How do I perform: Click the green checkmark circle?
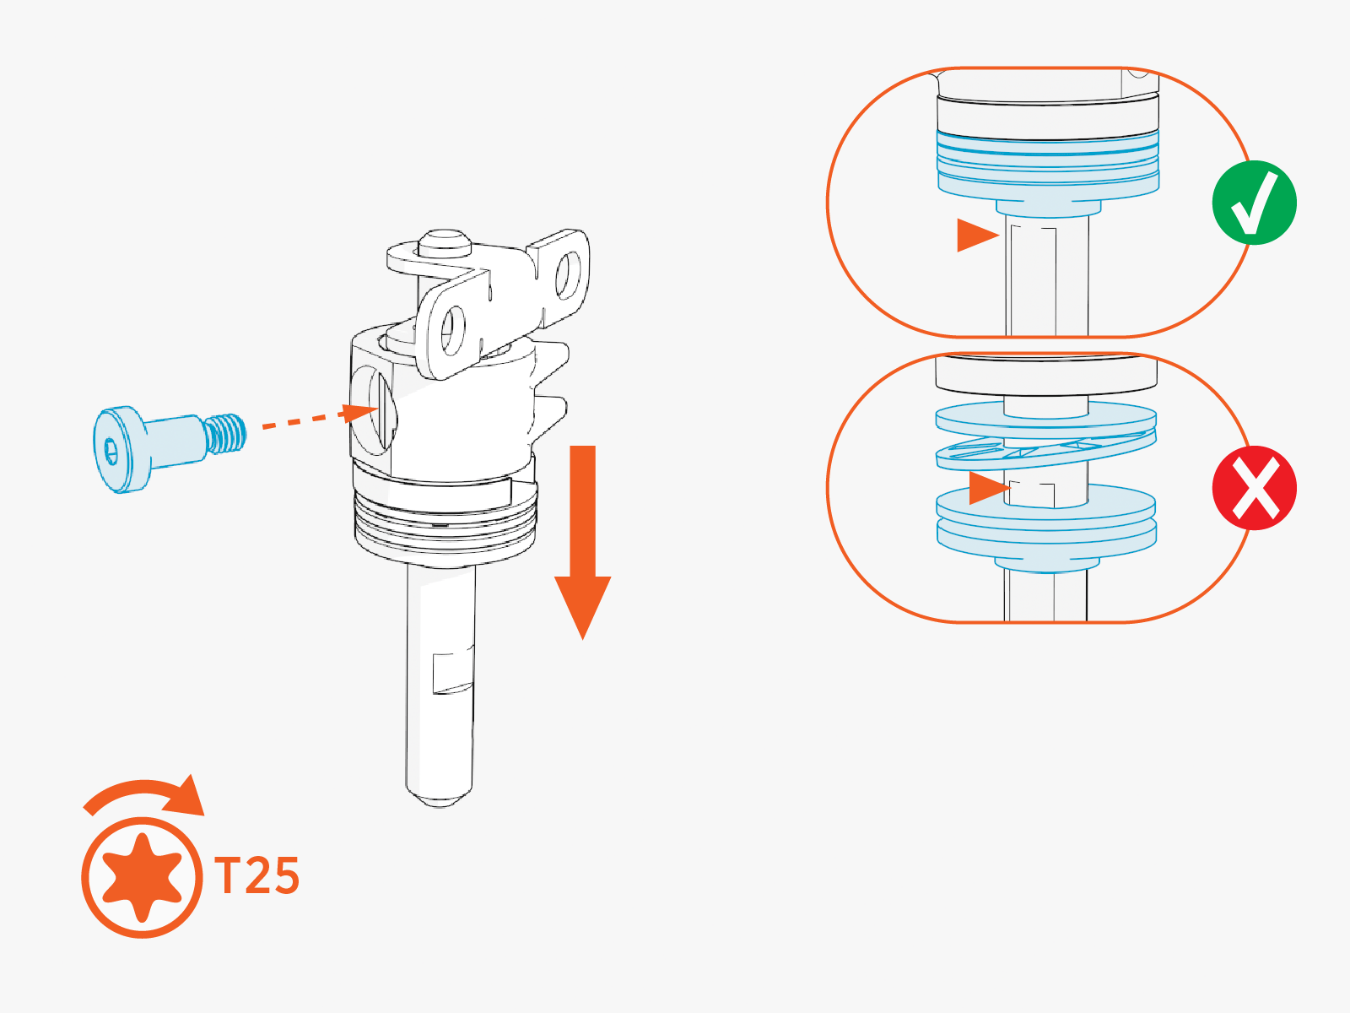click(x=1254, y=203)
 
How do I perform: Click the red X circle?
click(x=1254, y=488)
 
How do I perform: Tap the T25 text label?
click(x=257, y=875)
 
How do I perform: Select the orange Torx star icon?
click(x=142, y=877)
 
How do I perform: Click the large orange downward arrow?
click(x=582, y=541)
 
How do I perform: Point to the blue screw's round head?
click(x=121, y=449)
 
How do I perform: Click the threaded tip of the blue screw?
click(x=226, y=434)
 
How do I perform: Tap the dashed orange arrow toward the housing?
click(x=320, y=417)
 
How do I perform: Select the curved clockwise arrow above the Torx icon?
click(x=145, y=797)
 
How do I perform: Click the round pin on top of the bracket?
click(x=445, y=243)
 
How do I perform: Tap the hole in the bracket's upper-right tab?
click(x=568, y=275)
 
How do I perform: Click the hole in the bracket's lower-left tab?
click(x=453, y=332)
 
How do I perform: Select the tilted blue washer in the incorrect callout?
click(x=1045, y=452)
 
